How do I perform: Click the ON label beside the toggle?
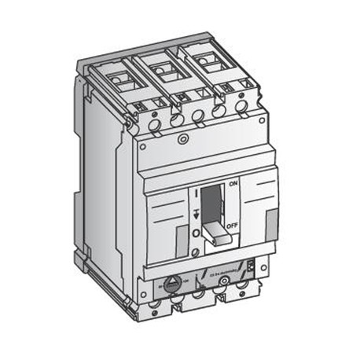point(233,184)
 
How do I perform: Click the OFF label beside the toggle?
point(232,226)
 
